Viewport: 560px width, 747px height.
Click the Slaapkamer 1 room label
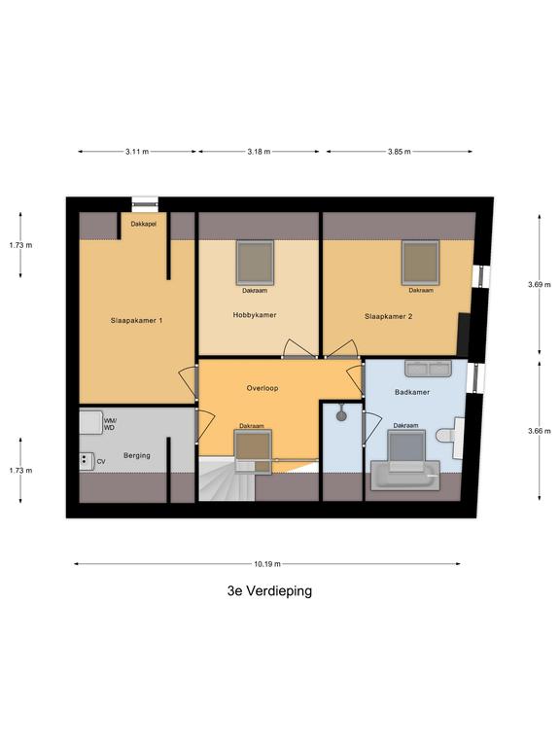(136, 321)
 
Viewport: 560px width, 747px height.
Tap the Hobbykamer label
(255, 315)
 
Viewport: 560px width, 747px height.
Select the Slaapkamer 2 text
(389, 316)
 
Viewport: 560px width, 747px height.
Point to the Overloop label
(262, 388)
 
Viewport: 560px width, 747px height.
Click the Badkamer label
(412, 392)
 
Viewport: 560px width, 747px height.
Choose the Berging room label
(137, 455)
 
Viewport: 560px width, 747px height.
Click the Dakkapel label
(144, 224)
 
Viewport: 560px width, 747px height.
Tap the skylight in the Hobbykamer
(256, 263)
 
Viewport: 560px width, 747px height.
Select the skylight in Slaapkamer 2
(420, 263)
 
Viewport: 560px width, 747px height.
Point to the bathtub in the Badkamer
(405, 476)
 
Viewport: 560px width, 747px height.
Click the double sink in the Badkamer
(428, 369)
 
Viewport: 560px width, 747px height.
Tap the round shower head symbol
(341, 415)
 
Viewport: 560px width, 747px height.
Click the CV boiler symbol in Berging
(87, 461)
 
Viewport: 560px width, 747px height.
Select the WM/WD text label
(110, 424)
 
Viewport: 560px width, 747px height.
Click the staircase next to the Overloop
(227, 478)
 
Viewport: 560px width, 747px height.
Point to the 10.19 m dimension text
(267, 564)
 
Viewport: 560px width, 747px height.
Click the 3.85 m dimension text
(399, 152)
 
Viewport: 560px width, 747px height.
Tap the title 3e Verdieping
(269, 590)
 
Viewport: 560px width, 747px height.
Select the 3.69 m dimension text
(539, 284)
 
